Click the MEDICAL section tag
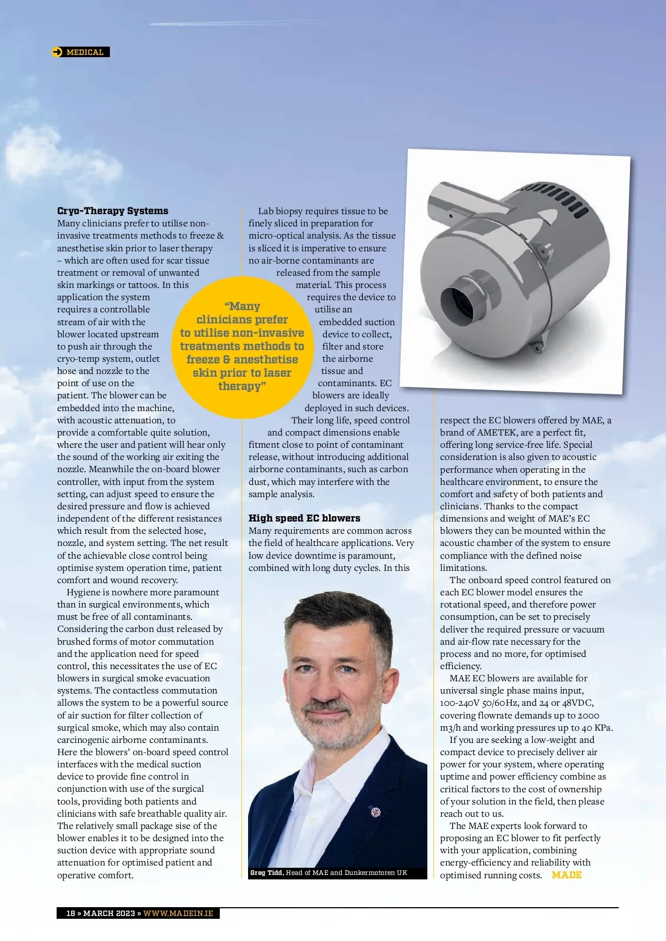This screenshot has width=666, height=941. [x=85, y=52]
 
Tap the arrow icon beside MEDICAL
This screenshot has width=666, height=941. [x=58, y=52]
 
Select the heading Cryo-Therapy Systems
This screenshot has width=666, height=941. [x=113, y=211]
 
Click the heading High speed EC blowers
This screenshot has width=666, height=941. [x=304, y=518]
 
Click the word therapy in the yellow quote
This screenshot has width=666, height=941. [x=240, y=386]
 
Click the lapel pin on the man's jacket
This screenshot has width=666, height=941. [x=375, y=812]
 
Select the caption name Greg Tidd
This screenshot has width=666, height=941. [x=266, y=873]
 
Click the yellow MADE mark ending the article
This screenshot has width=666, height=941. [x=567, y=875]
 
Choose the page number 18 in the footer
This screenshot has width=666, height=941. [x=70, y=913]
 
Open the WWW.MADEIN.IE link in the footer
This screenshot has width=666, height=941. [x=178, y=913]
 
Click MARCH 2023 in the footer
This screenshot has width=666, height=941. [x=109, y=913]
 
